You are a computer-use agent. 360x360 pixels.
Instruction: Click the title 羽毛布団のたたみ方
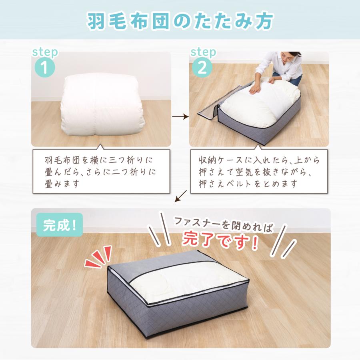tap(180, 21)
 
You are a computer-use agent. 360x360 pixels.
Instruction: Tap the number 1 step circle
tap(45, 67)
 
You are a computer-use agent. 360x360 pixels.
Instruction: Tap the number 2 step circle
tap(202, 67)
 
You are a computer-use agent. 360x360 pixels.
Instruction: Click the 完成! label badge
tap(60, 225)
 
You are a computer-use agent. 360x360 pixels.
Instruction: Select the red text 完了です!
tap(220, 240)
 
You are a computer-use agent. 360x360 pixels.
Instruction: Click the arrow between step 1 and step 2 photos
tap(180, 117)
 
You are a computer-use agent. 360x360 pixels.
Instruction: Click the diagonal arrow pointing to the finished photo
tap(180, 196)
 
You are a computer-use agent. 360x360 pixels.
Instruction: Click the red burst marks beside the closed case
tap(98, 256)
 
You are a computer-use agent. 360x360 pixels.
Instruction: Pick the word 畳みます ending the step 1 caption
tap(62, 184)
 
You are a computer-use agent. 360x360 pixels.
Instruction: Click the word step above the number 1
tap(45, 52)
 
